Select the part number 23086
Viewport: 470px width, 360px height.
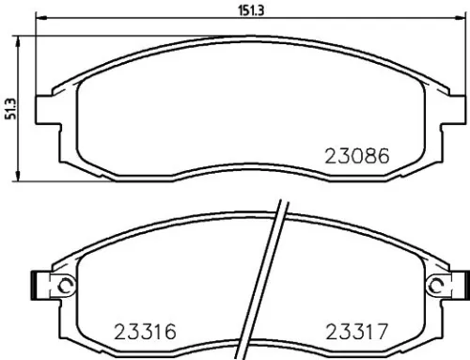pyautogui.click(x=356, y=155)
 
